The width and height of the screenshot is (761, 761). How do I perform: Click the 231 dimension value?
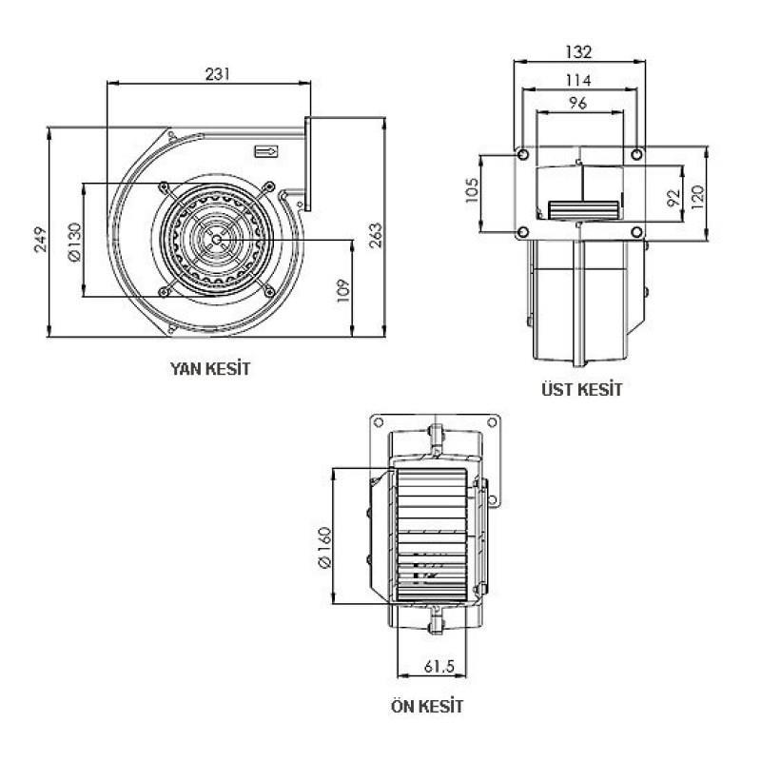click(218, 72)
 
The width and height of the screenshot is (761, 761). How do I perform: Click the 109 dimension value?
click(343, 289)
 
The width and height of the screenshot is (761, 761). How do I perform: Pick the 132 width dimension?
click(578, 50)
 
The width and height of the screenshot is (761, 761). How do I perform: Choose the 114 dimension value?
click(578, 79)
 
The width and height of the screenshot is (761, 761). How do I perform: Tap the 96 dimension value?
click(578, 104)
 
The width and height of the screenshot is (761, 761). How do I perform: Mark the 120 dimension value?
click(697, 198)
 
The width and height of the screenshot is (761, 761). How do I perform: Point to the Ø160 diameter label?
click(324, 549)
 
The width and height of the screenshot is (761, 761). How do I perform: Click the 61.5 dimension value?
click(439, 666)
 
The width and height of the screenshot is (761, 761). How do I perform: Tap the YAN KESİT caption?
click(210, 367)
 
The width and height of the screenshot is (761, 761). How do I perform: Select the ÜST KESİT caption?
click(579, 389)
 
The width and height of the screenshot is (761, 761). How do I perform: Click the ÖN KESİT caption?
click(427, 707)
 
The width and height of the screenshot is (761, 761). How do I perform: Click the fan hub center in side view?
click(217, 239)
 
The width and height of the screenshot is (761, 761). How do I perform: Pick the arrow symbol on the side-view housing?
click(267, 150)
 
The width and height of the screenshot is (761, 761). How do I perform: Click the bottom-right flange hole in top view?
click(637, 233)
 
